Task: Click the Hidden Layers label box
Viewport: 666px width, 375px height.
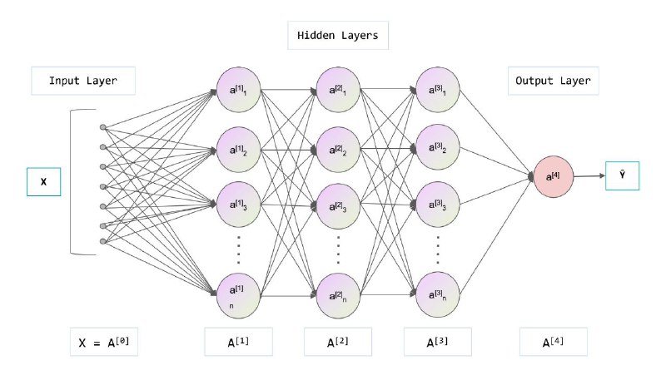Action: click(338, 35)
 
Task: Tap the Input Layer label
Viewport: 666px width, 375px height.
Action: click(83, 81)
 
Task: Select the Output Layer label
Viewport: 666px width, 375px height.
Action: click(553, 81)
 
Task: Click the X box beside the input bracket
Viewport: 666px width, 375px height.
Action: click(44, 181)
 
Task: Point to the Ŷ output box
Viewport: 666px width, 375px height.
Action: click(622, 175)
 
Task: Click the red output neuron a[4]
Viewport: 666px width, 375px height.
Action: click(553, 176)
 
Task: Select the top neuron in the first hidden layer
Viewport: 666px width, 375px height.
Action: click(238, 90)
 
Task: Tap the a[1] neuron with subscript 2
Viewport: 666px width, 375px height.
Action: click(238, 150)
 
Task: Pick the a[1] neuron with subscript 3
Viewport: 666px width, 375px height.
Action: click(238, 205)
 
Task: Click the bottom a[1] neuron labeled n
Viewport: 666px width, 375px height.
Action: click(238, 296)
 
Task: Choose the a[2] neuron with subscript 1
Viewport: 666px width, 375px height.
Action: click(338, 90)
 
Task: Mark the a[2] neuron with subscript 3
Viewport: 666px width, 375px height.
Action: click(338, 206)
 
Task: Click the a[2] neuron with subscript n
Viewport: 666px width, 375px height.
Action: click(338, 296)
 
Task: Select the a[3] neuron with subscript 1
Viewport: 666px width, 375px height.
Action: click(438, 90)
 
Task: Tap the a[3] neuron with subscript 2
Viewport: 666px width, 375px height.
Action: click(438, 147)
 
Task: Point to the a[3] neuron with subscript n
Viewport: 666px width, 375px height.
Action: click(438, 294)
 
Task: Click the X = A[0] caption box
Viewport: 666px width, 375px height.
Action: click(104, 342)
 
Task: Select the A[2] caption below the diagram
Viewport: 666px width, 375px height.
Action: click(338, 342)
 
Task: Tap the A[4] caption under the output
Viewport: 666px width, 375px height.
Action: click(554, 342)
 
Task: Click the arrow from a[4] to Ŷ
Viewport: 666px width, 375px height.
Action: click(589, 176)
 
